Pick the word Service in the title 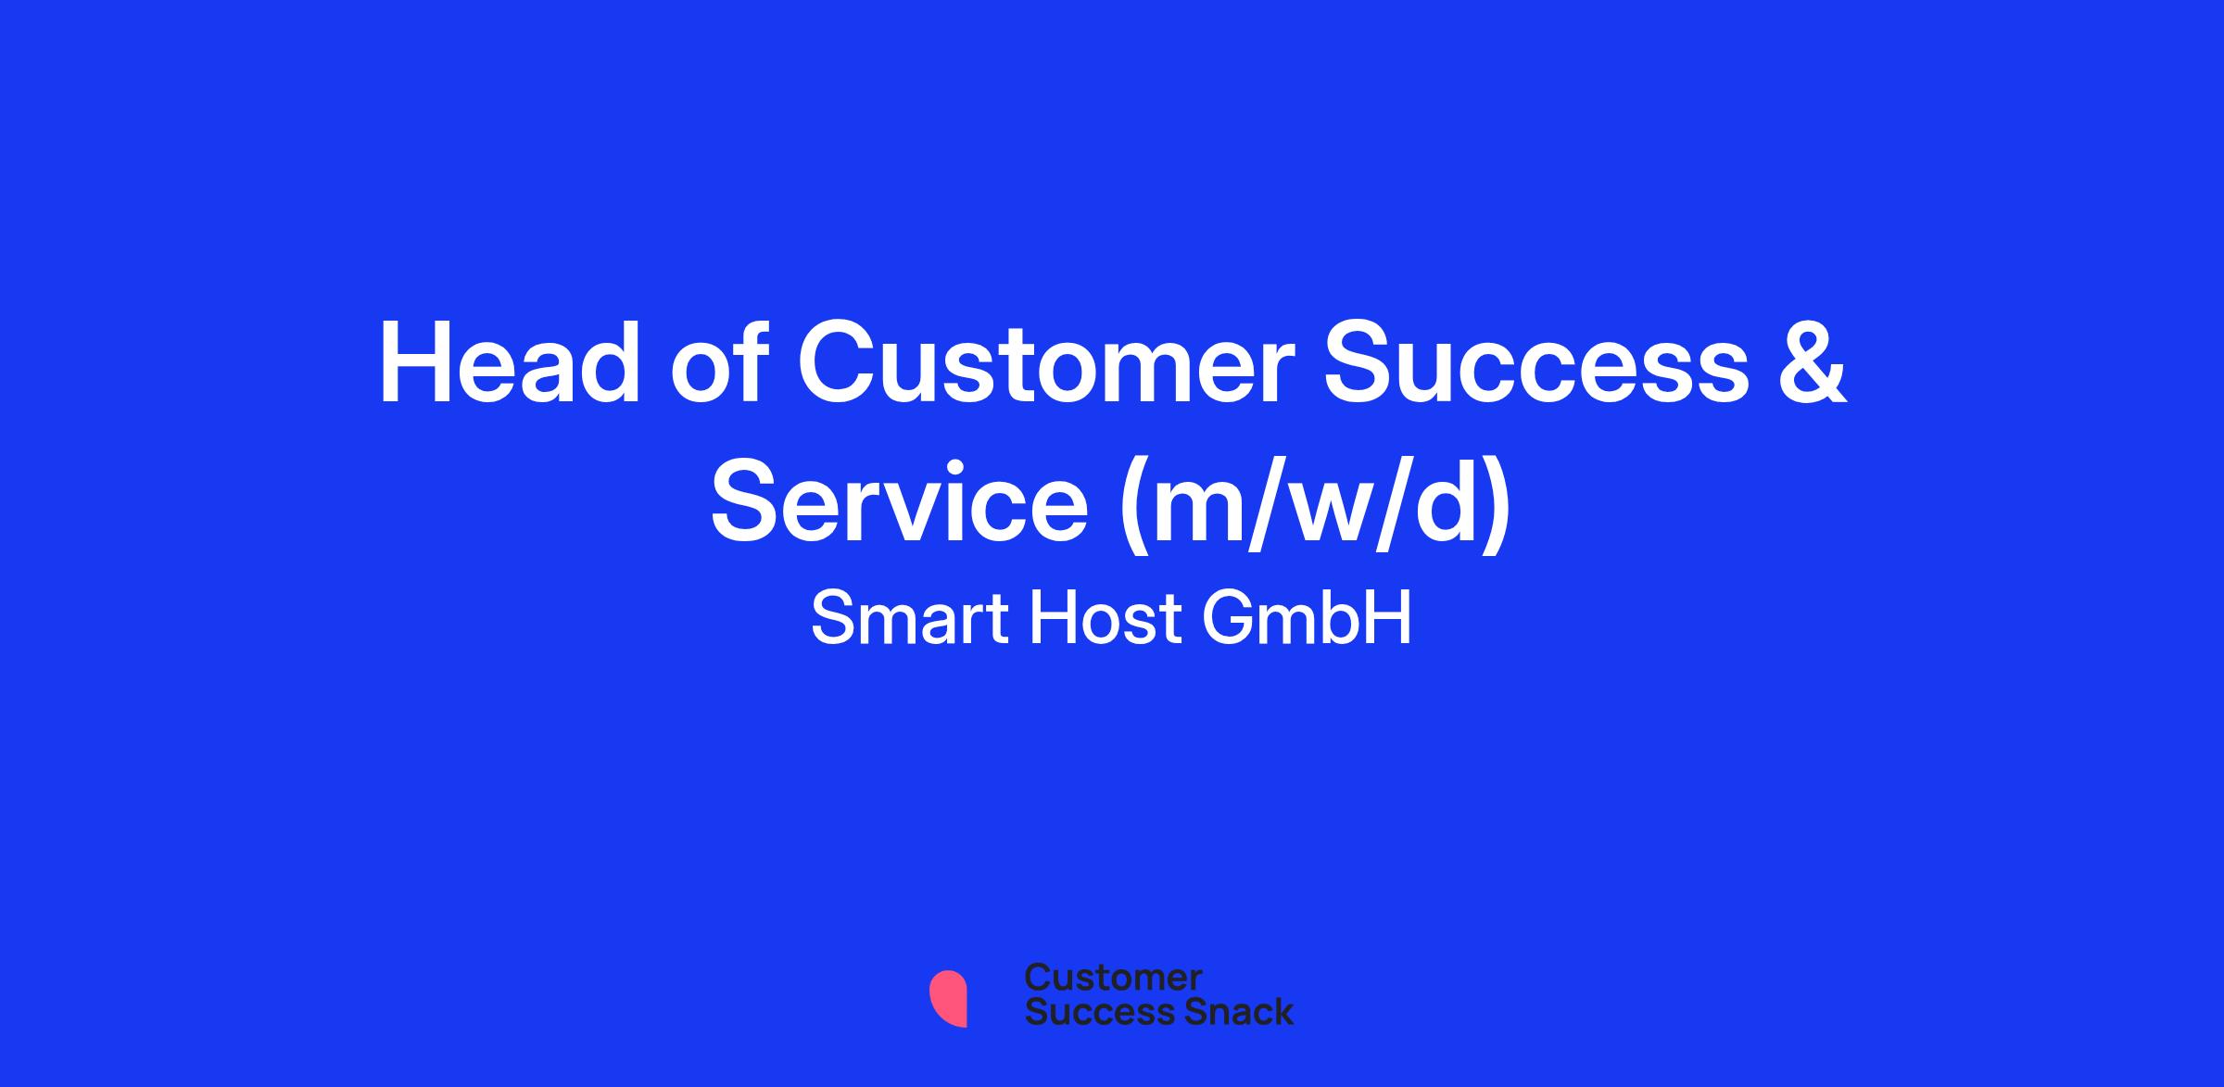pyautogui.click(x=899, y=503)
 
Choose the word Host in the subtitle pyautogui.click(x=1106, y=618)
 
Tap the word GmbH pyautogui.click(x=1308, y=618)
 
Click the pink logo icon pyautogui.click(x=948, y=998)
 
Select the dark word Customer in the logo pyautogui.click(x=1113, y=978)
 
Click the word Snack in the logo pyautogui.click(x=1226, y=1011)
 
